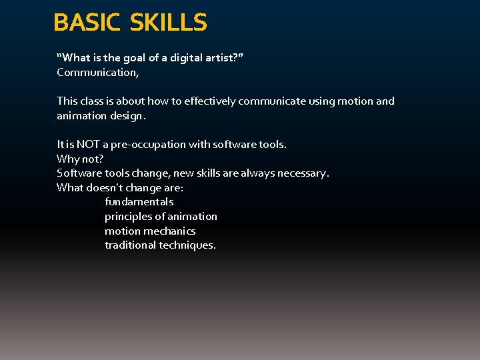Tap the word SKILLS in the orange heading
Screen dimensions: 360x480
click(169, 23)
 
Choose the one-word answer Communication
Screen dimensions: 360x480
click(97, 72)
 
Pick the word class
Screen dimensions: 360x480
click(94, 101)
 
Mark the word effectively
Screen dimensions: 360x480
click(209, 101)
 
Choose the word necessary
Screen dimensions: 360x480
click(305, 173)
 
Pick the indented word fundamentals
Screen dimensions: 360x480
click(139, 201)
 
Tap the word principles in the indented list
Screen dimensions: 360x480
click(128, 217)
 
